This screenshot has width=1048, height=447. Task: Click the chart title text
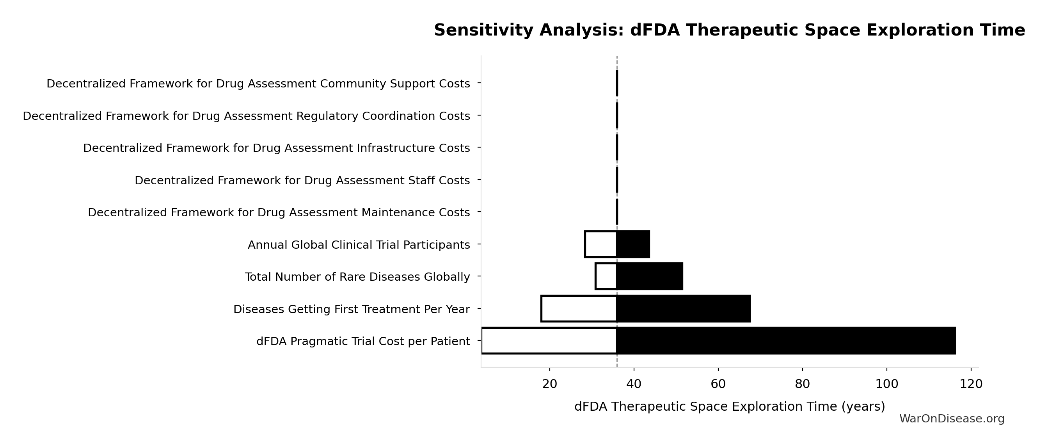point(729,30)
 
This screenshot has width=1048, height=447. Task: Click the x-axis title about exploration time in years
point(730,406)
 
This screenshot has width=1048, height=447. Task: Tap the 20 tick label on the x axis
point(550,384)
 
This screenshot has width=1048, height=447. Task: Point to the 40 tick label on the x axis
point(634,384)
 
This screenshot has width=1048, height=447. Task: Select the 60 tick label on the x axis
point(718,384)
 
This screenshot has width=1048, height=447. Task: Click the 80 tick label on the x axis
point(802,384)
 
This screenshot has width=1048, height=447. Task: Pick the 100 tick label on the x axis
point(886,384)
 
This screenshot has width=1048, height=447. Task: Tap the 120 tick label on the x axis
point(971,384)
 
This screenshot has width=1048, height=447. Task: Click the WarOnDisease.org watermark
point(952,419)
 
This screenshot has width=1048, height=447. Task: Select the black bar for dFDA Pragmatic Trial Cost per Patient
point(786,341)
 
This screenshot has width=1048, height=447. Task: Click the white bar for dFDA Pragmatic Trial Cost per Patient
point(549,341)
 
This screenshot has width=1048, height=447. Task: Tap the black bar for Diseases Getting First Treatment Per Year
point(684,308)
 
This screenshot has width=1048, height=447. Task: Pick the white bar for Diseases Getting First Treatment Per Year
point(579,308)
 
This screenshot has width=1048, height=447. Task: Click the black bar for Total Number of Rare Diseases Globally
point(650,276)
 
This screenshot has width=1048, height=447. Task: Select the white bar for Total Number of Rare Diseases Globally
point(606,276)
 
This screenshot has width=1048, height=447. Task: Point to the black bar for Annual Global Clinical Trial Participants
point(633,244)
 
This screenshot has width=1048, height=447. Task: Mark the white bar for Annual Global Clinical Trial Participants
point(601,244)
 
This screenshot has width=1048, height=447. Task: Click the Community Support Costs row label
point(258,84)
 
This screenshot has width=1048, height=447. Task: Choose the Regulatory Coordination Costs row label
point(246,116)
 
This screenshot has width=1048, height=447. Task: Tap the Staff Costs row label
point(302,180)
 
